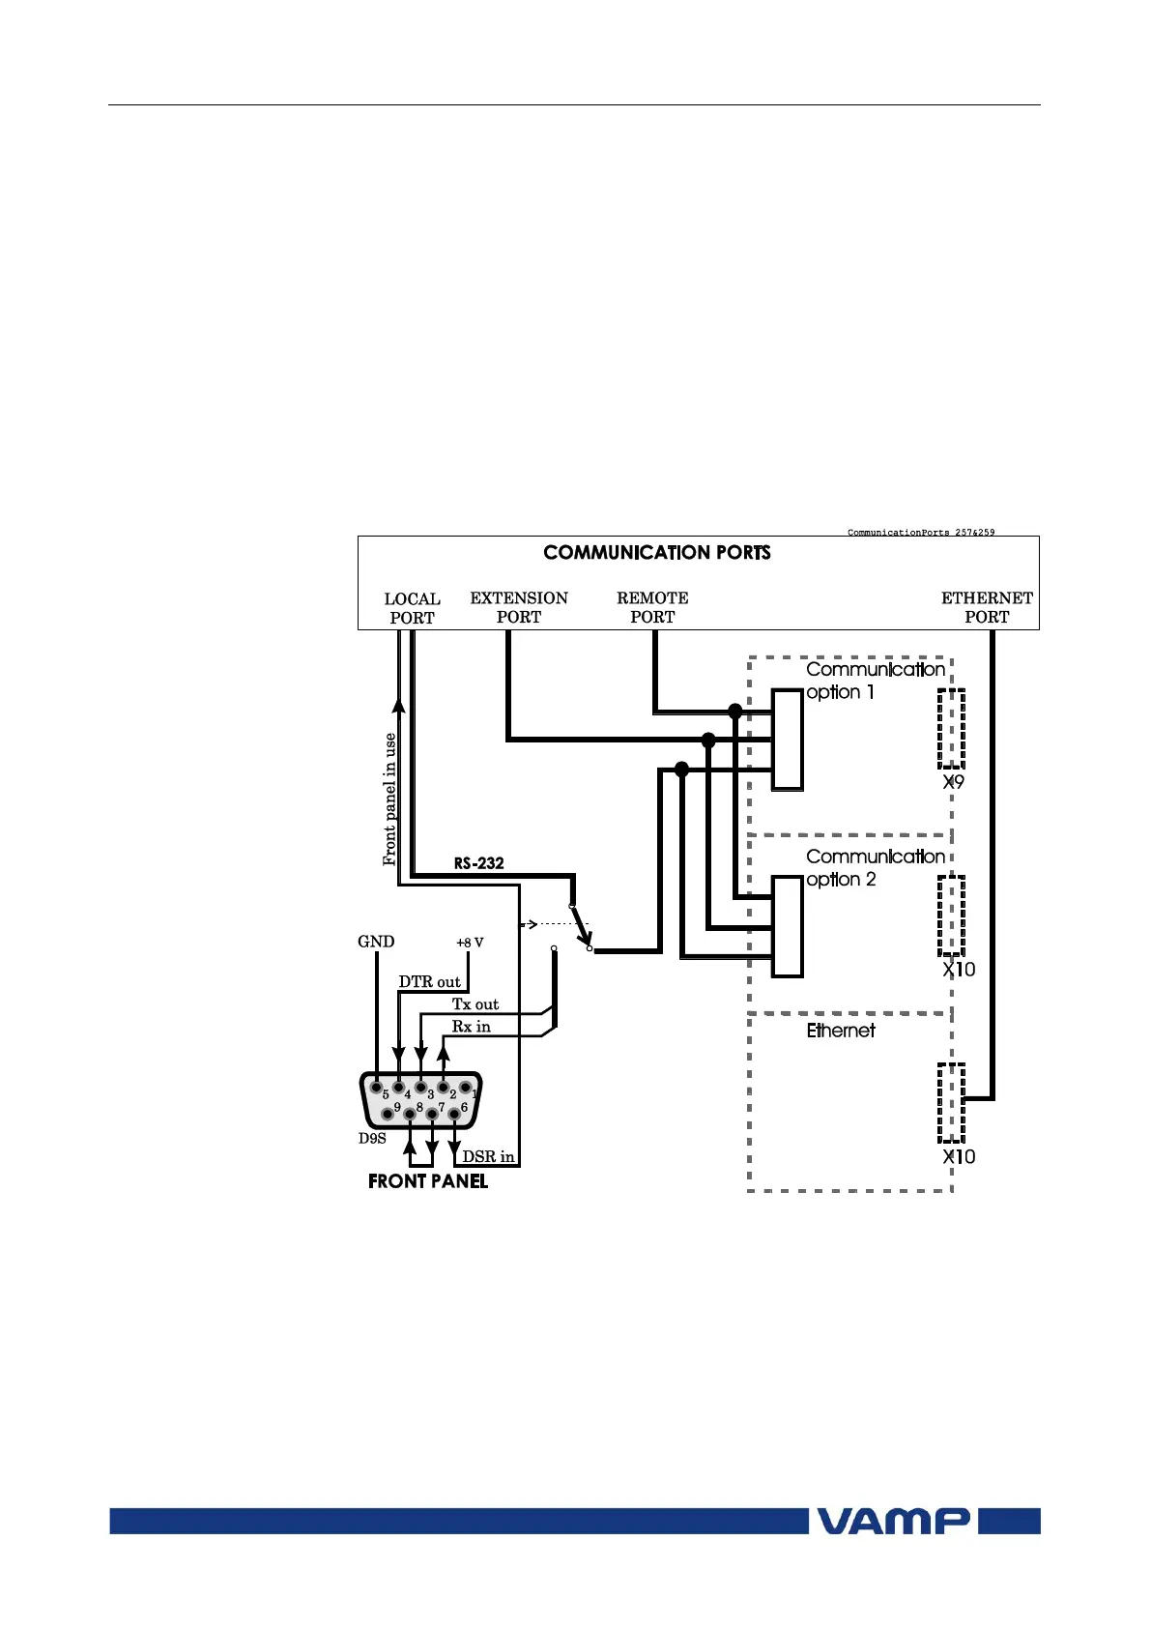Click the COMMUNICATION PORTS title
tap(657, 553)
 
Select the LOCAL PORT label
tap(413, 608)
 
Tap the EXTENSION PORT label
tap(519, 607)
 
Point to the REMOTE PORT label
tap(652, 607)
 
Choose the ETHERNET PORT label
tap(987, 607)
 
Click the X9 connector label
tap(954, 782)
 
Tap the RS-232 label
tap(479, 862)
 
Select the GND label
tap(376, 942)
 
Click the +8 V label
tap(470, 943)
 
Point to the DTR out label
tap(430, 982)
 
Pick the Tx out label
tap(475, 1004)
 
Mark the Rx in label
tap(472, 1027)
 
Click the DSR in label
tap(488, 1156)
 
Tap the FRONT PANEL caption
tap(428, 1181)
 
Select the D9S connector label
tap(372, 1139)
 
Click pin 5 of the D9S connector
tap(376, 1088)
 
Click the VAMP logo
tap(894, 1521)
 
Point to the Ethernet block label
tap(841, 1031)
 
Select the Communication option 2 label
tap(875, 868)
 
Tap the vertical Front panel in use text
tap(390, 799)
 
